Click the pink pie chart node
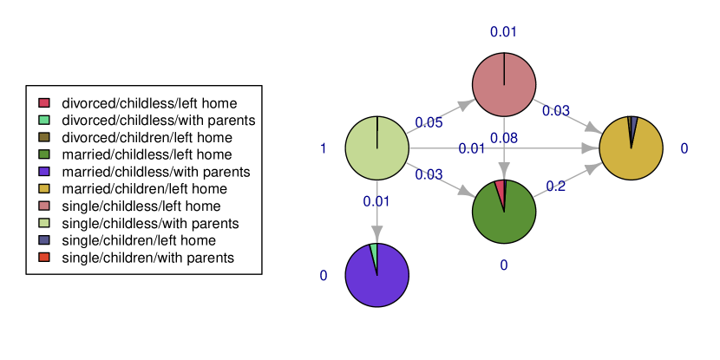[x=504, y=84]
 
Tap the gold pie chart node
[x=631, y=148]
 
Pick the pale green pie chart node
[x=377, y=148]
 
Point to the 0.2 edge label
[x=556, y=187]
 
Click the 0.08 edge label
[x=504, y=139]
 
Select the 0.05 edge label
[x=429, y=123]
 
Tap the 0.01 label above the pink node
[x=504, y=33]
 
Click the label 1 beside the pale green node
[x=324, y=149]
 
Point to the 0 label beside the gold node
[x=684, y=149]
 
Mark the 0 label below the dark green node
[x=504, y=265]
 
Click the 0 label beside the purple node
[x=324, y=276]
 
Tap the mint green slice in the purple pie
[x=374, y=253]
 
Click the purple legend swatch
[x=44, y=171]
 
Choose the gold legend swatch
[x=44, y=188]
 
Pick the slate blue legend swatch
[x=44, y=239]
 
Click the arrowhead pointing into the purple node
[x=377, y=234]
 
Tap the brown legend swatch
[x=44, y=137]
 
